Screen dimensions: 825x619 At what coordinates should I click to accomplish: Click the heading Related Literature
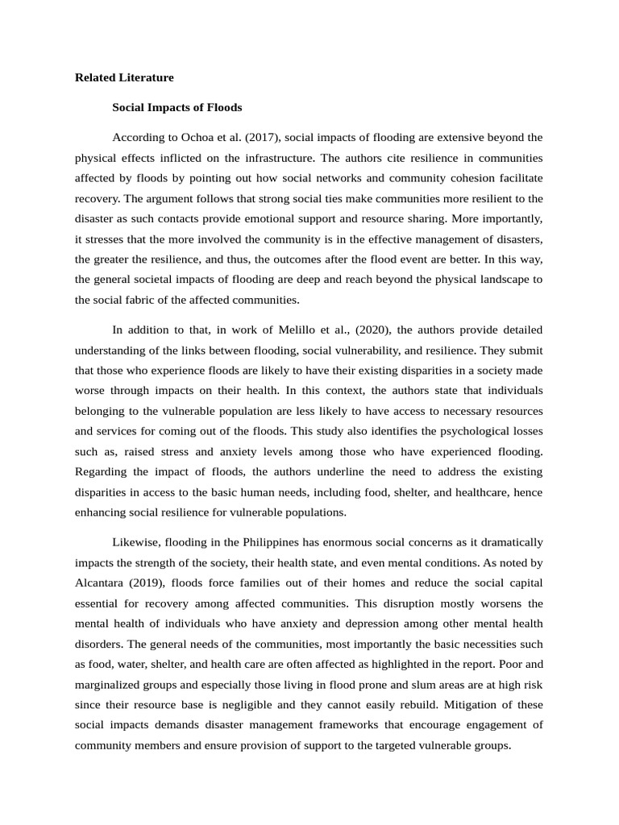coord(124,78)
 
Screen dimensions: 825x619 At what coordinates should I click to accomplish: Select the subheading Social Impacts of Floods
coord(177,107)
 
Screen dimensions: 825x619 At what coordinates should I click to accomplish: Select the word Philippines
coord(268,541)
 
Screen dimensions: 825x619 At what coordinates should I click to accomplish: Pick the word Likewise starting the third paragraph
coord(136,541)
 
